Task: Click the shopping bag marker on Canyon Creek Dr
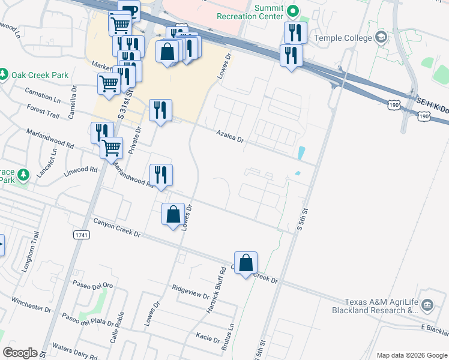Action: [246, 263]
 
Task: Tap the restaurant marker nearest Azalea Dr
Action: [160, 110]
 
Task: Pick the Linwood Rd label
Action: [80, 172]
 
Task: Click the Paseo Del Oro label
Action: [92, 284]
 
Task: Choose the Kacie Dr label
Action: [208, 338]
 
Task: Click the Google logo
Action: [20, 353]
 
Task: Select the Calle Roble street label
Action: [121, 327]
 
